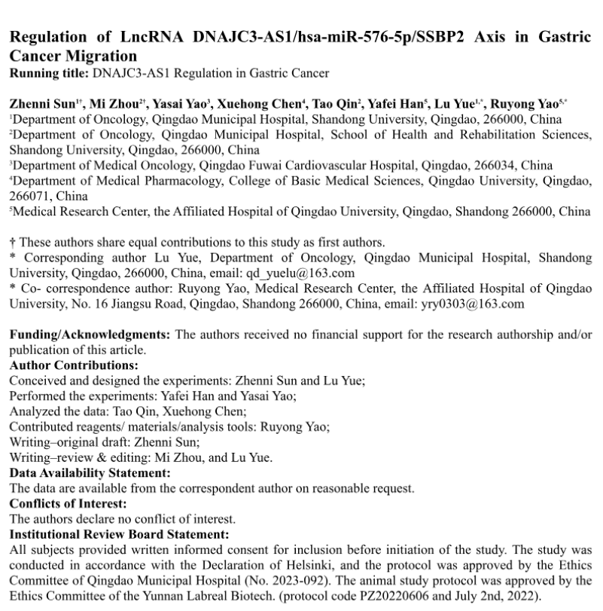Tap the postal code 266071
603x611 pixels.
pyautogui.click(x=29, y=196)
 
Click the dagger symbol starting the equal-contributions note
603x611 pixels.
pyautogui.click(x=12, y=242)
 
